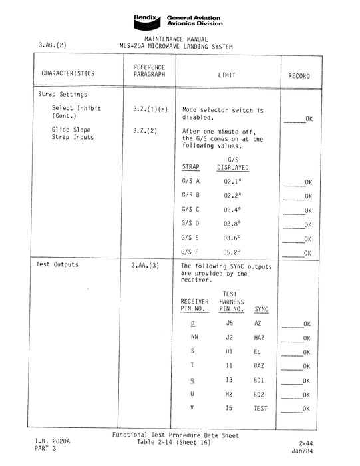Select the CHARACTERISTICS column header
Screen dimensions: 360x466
[67, 74]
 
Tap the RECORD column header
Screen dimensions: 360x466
[299, 76]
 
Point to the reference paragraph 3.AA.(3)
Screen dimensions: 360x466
[146, 265]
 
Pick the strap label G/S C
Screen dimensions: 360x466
[190, 210]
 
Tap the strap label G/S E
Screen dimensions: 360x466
[190, 238]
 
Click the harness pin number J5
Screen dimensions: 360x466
[230, 323]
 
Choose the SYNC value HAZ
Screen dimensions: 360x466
[259, 338]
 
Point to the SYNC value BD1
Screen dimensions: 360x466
[259, 380]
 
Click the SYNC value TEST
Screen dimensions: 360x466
[260, 409]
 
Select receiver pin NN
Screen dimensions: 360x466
[194, 338]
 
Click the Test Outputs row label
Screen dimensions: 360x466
[57, 265]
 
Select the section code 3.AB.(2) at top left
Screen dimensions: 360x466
[53, 46]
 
